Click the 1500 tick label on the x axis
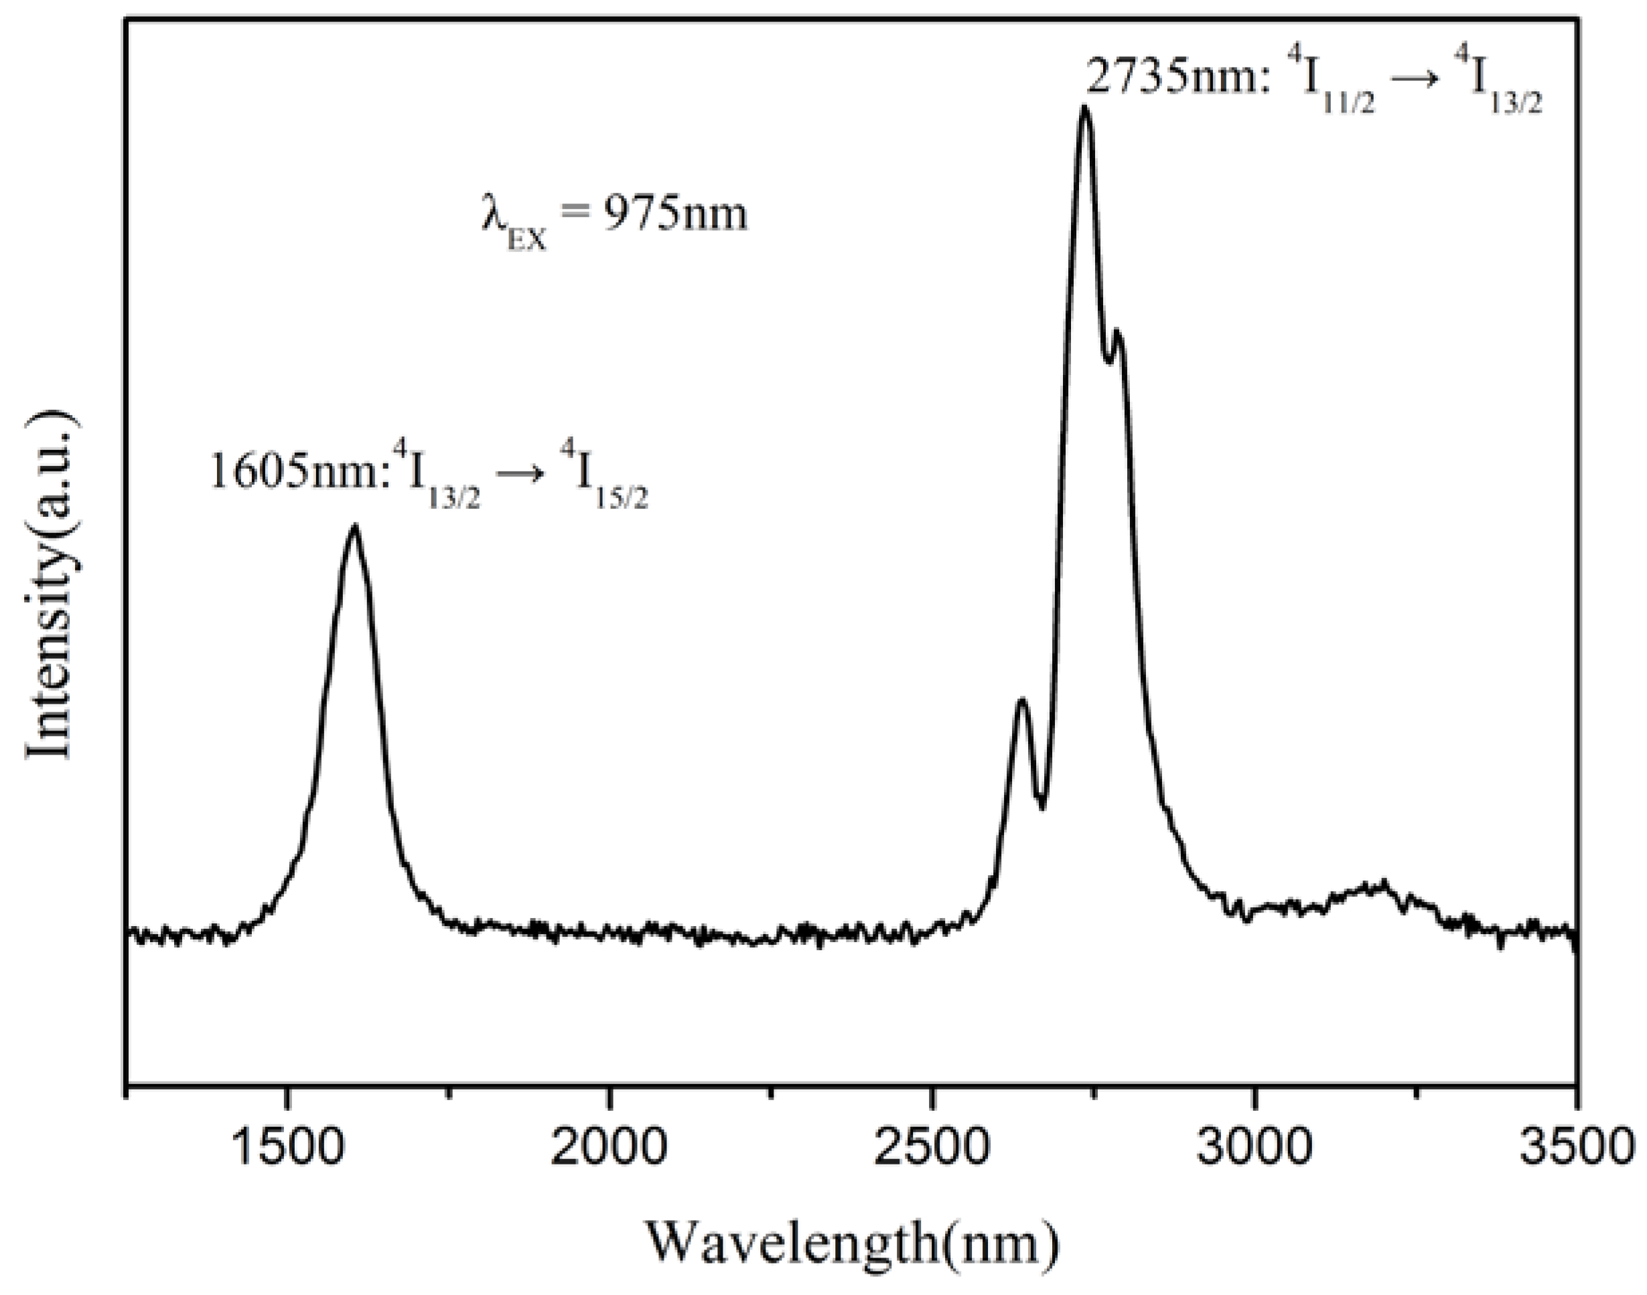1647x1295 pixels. click(286, 1146)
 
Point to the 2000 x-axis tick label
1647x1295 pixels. click(609, 1146)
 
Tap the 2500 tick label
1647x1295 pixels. click(932, 1146)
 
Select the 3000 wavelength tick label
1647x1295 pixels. click(1255, 1146)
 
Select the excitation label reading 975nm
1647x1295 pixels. click(614, 216)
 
